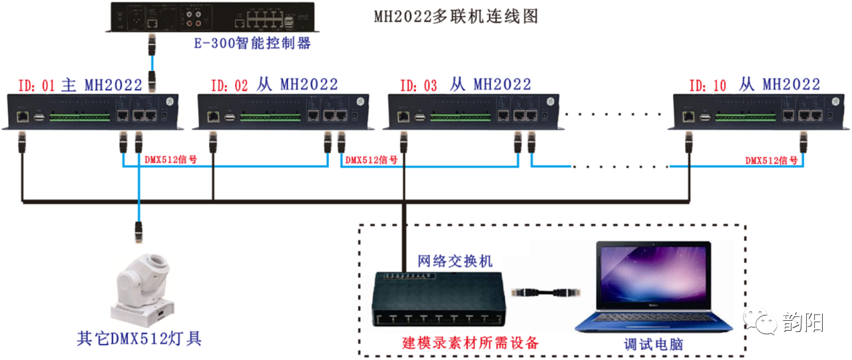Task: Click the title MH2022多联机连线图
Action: click(455, 17)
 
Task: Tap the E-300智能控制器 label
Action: click(252, 44)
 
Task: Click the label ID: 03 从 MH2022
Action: click(465, 85)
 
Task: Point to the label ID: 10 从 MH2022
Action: click(754, 85)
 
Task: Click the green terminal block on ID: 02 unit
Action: click(270, 117)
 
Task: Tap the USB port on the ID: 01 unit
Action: click(39, 117)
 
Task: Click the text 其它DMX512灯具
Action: click(139, 338)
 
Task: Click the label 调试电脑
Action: click(653, 344)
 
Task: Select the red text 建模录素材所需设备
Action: click(470, 343)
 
